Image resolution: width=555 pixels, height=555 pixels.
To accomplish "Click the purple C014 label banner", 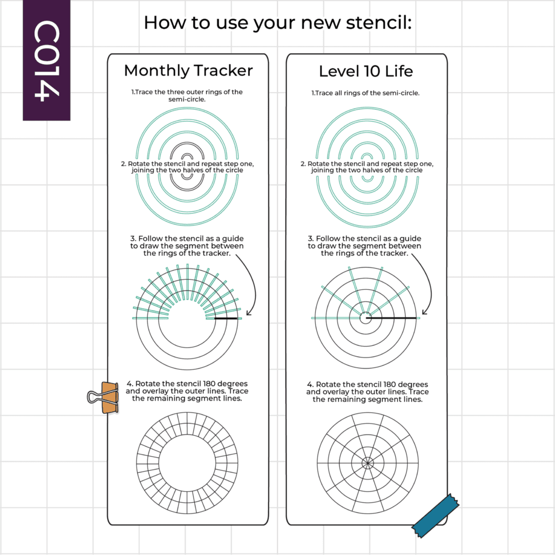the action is click(x=47, y=60).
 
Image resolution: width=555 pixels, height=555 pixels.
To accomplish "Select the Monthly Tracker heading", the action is click(x=188, y=71).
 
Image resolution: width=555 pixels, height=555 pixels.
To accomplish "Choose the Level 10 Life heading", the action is click(x=366, y=71).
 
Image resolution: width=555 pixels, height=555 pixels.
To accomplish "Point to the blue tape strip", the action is click(x=436, y=516).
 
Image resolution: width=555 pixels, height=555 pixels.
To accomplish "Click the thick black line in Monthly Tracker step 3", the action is click(x=226, y=319).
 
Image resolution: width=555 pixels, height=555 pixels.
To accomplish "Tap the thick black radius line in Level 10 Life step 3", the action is click(x=391, y=318).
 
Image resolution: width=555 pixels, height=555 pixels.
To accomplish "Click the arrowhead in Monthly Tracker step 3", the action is click(x=249, y=312).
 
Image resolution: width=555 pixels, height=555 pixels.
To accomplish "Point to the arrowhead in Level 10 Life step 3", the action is click(x=425, y=311).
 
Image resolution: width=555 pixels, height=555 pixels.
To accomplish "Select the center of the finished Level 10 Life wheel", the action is click(x=368, y=463).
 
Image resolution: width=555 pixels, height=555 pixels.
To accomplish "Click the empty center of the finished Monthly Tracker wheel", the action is click(x=187, y=463).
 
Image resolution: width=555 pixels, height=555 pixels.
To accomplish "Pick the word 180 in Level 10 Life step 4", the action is click(x=390, y=385).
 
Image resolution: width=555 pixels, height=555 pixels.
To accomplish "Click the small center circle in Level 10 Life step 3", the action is click(x=366, y=318).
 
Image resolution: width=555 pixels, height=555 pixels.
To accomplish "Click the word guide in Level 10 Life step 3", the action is click(x=410, y=239).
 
